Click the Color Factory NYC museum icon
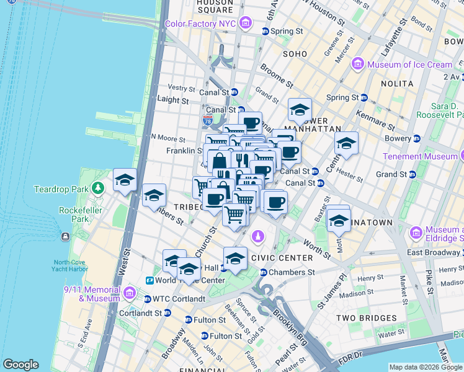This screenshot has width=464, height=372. coord(246,24)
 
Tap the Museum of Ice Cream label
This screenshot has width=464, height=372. coord(409,64)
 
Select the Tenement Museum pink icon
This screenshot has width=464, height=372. coord(459,156)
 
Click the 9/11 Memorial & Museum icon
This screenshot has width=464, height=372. coord(129,293)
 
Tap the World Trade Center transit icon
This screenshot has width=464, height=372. coord(149,280)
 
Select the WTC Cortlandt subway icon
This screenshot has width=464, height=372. coord(147,299)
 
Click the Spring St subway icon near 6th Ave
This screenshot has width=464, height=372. coord(265,31)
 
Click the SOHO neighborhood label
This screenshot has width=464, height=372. coord(295,54)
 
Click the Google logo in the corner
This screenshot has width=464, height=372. coord(20,365)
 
